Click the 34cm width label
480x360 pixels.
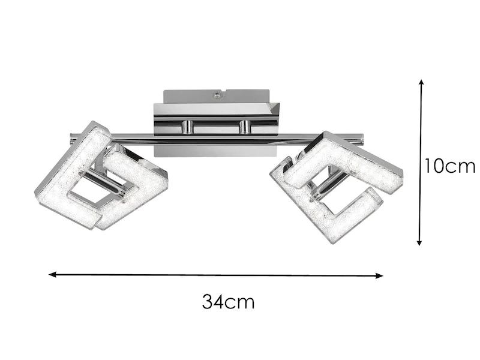(x=228, y=302)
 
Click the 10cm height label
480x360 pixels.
(x=449, y=166)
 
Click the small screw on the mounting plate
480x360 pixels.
(x=217, y=95)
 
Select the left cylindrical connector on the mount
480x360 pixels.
(x=187, y=127)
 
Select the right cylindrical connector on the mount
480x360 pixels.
(x=246, y=127)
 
